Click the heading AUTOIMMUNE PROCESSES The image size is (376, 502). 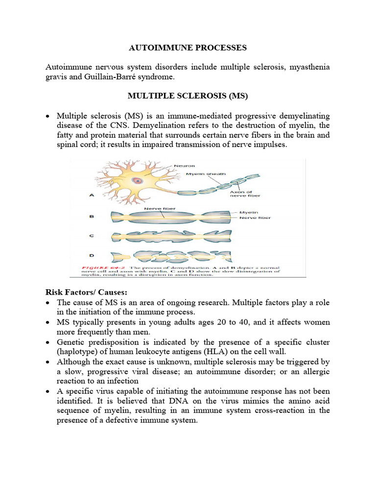coord(188,48)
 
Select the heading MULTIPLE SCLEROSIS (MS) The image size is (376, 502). coord(188,97)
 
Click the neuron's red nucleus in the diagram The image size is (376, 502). coord(139,180)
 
